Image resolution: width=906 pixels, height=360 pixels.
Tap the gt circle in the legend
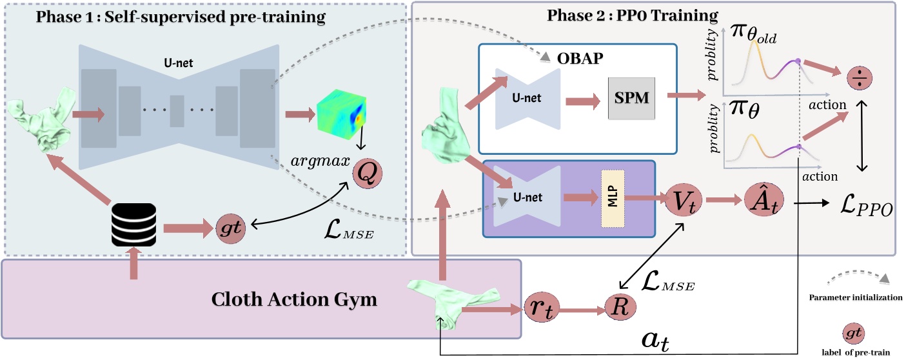coord(854,332)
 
